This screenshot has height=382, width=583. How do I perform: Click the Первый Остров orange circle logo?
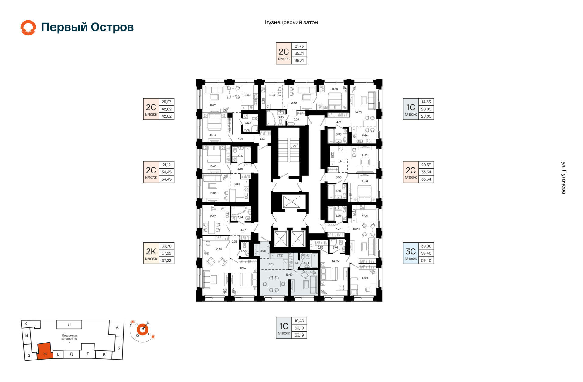(28, 28)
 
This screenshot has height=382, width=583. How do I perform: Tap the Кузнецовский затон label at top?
(291, 22)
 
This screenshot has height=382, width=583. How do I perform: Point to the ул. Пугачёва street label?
(564, 178)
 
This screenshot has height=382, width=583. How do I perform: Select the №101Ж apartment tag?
(284, 59)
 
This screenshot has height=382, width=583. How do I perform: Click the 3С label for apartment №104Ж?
(411, 251)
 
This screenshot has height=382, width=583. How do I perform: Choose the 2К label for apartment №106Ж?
(151, 251)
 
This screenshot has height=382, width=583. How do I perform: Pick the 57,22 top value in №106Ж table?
(166, 253)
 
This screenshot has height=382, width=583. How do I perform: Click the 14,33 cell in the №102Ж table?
(426, 102)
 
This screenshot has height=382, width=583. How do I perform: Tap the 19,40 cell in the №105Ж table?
(299, 321)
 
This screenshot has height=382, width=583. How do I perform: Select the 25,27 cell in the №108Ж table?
(166, 102)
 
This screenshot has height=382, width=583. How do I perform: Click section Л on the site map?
(69, 324)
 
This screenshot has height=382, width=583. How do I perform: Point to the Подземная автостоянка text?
(70, 337)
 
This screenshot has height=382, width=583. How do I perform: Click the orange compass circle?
(142, 330)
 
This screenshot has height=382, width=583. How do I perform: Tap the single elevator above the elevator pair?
(291, 202)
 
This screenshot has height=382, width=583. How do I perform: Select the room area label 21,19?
(219, 249)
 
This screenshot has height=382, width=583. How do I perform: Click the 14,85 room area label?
(335, 261)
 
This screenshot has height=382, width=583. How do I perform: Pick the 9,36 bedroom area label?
(335, 89)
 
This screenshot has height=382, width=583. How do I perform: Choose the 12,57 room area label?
(243, 268)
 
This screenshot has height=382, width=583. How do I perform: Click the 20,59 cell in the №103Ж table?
(426, 165)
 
